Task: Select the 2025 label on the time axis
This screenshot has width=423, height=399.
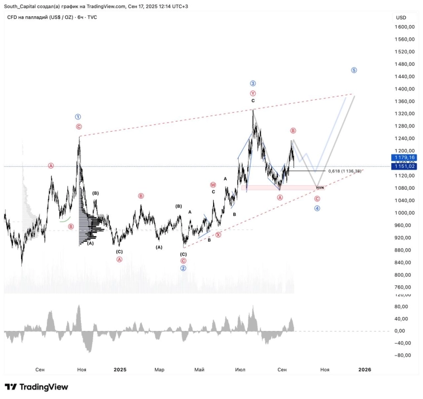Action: pos(120,369)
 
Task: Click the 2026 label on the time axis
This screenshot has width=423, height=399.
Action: pos(364,369)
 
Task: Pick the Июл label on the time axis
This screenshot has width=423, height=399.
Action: pos(241,369)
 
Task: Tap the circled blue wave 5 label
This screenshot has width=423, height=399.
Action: pos(354,70)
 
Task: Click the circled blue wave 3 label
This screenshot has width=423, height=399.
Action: pos(253,83)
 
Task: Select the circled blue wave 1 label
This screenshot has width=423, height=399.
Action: pos(79,117)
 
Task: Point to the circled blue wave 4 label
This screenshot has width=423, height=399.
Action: pos(317,208)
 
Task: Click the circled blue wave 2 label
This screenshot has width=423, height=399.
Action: pos(183,268)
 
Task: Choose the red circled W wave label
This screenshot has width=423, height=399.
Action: pos(213,184)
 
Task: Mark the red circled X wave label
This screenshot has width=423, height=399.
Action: pos(218,235)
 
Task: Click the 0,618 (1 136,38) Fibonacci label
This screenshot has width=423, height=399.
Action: pos(345,171)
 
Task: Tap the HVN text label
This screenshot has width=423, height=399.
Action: pos(320,188)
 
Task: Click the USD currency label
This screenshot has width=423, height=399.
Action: pos(401,17)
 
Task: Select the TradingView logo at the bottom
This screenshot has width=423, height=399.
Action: pos(36,387)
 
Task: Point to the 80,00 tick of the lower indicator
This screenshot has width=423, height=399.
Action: pos(399,306)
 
